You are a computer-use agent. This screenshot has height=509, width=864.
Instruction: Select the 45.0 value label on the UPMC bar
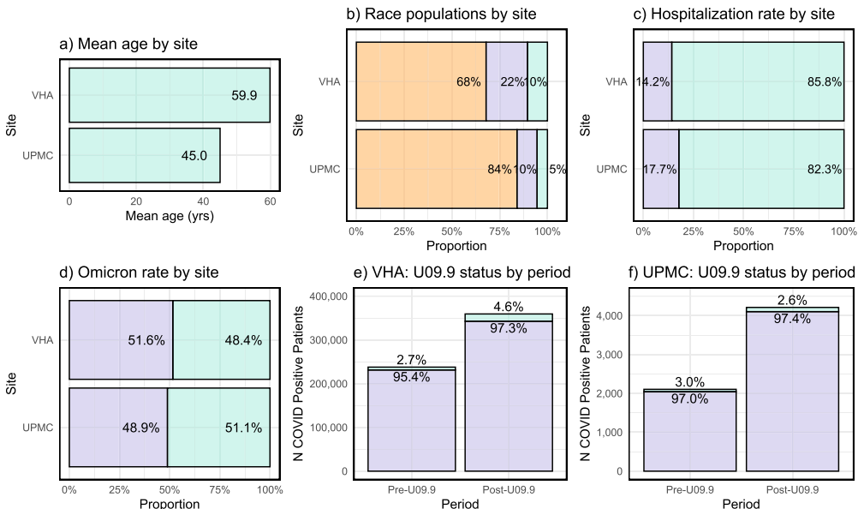(x=194, y=156)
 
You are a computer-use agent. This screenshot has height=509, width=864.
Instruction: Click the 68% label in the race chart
(x=468, y=82)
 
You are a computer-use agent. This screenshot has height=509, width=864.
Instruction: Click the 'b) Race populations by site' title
(x=441, y=14)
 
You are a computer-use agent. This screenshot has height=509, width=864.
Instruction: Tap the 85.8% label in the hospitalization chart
(x=825, y=82)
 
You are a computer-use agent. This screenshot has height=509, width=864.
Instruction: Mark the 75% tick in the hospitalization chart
(x=794, y=231)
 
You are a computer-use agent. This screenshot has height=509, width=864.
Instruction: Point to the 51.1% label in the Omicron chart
(x=243, y=428)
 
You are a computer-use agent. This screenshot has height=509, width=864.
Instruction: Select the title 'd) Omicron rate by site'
(x=139, y=272)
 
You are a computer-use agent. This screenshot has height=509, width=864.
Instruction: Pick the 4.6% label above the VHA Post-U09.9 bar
(x=509, y=307)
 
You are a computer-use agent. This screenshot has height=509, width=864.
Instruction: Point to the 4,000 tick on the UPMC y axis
(x=610, y=316)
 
